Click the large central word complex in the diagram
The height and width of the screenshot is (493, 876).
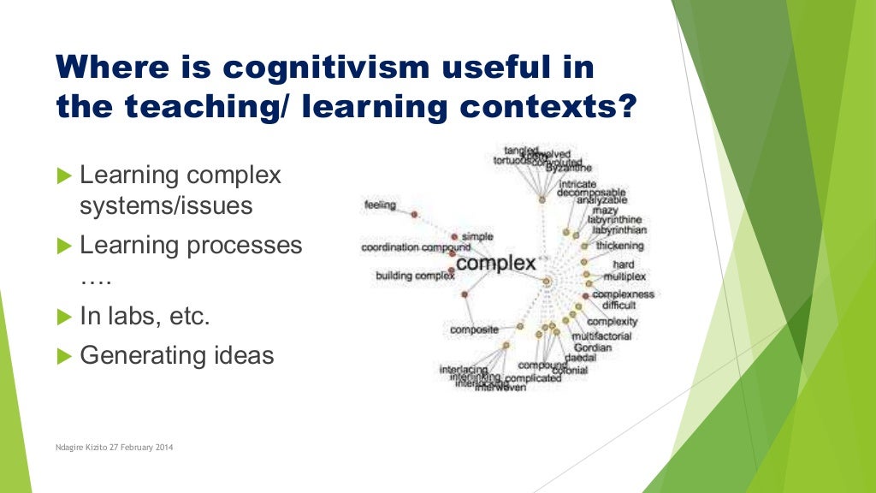(x=495, y=263)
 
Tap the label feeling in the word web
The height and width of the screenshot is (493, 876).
(x=379, y=205)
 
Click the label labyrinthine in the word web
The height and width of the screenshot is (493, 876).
(x=616, y=219)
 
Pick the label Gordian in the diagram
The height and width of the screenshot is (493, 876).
(x=593, y=347)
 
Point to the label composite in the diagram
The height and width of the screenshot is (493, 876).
(x=474, y=330)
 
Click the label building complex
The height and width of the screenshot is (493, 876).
(x=415, y=276)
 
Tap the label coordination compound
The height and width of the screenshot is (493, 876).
(x=416, y=247)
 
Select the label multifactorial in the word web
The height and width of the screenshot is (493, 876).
(x=601, y=336)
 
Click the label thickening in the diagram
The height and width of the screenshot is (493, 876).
(x=620, y=246)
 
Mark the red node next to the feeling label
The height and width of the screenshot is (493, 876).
(x=414, y=213)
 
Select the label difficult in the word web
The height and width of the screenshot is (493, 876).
(x=619, y=305)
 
